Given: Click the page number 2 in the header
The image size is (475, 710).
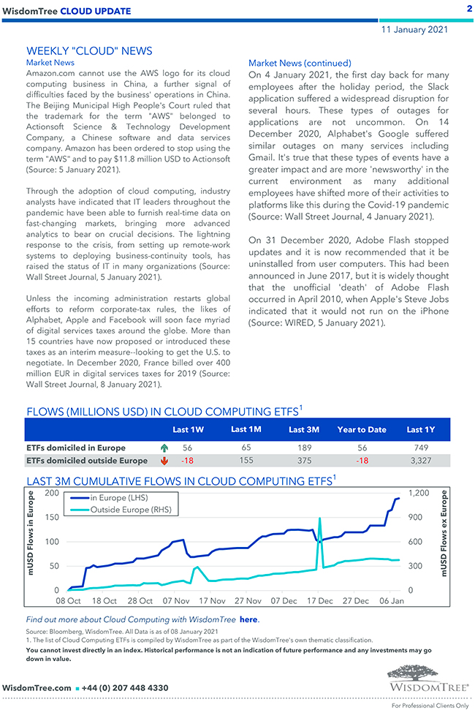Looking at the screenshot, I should tap(468, 9).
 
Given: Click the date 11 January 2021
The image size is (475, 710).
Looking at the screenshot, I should tap(415, 30).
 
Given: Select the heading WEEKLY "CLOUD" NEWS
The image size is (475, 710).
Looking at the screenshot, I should tap(89, 50).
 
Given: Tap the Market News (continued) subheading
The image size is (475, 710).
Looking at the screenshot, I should tap(300, 63).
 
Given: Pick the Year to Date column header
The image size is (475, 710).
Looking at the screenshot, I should tap(362, 429).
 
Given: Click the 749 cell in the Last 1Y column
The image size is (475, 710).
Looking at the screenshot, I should tap(420, 447).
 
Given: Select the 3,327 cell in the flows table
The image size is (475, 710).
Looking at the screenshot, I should tap(420, 461).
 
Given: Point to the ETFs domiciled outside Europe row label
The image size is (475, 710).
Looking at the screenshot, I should tap(86, 461).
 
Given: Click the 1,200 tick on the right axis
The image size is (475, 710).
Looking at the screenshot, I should tap(419, 494).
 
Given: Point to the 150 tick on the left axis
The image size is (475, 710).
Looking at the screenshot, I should tap(52, 517).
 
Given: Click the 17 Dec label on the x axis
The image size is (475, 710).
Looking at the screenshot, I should tap(319, 601).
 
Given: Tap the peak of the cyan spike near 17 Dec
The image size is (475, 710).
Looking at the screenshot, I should tap(320, 518).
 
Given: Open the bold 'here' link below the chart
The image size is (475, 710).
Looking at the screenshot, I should tap(248, 619).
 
